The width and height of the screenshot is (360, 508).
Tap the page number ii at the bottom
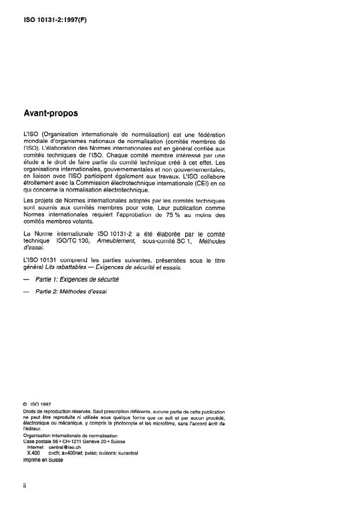(x=24, y=485)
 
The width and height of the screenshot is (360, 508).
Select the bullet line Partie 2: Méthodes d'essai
(x=71, y=292)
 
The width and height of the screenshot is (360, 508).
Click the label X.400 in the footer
(x=32, y=454)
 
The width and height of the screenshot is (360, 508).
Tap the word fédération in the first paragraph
(x=208, y=134)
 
